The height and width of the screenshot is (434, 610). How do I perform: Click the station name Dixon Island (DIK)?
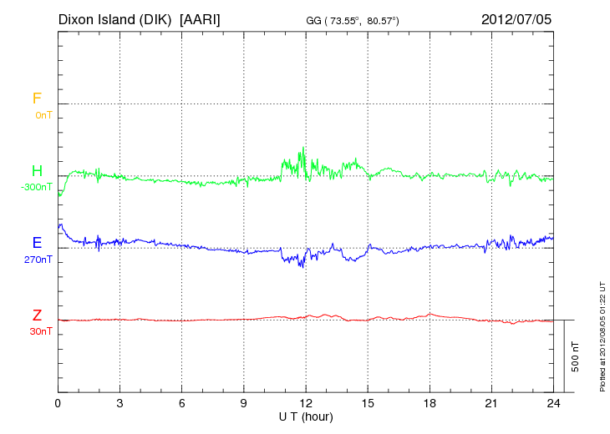point(114,18)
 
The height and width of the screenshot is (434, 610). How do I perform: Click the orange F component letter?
point(36,99)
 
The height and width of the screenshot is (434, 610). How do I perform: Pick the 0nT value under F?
point(43,114)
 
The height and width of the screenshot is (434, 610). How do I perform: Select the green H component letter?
point(36,172)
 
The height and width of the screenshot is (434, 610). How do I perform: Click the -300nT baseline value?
point(38,187)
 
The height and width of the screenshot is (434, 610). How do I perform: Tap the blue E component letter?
point(37,244)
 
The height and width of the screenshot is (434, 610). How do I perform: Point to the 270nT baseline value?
point(39,260)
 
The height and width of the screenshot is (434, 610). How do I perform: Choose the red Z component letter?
point(37,315)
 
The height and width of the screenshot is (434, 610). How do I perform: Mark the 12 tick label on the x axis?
point(306,403)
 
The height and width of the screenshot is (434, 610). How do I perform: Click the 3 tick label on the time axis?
point(120,403)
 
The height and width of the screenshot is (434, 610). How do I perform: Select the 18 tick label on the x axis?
point(430,403)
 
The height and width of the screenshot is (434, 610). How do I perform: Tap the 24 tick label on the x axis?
point(553,403)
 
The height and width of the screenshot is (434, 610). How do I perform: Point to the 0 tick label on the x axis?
point(58,403)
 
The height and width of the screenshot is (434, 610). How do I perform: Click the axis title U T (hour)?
point(306,416)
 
